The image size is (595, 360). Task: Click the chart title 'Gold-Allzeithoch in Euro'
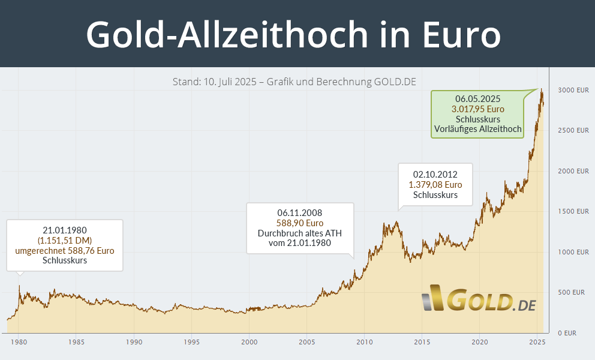coord(293,34)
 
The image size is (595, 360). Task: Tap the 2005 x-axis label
coord(306,342)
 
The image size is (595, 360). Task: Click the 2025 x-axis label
coord(537,342)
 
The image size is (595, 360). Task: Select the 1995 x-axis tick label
coord(191,342)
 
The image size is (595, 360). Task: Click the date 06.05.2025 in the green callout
coord(477,99)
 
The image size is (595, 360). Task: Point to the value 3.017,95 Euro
coord(477,109)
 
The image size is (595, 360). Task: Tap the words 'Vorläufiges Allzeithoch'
coord(477,129)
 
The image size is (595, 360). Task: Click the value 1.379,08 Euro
coord(435,185)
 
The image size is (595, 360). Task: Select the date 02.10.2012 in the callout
coord(435,175)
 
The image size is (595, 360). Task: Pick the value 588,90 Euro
coord(300,223)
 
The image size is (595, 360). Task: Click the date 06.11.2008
coord(300,212)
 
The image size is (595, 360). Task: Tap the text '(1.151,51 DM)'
coord(65,240)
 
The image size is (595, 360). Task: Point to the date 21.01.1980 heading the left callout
coord(65,230)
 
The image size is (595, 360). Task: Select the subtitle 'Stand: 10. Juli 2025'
coord(215,82)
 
